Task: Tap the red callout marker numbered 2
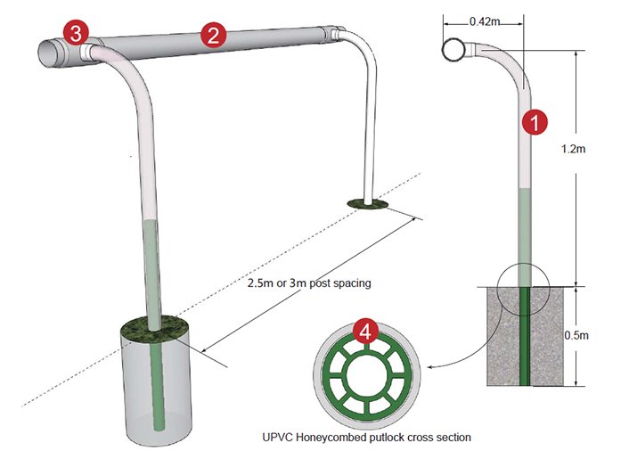(212, 36)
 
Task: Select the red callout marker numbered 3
(77, 35)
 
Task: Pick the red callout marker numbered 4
(365, 332)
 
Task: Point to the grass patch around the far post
(367, 205)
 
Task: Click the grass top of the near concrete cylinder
(156, 330)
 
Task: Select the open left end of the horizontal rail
(52, 53)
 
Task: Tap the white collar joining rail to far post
(336, 37)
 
